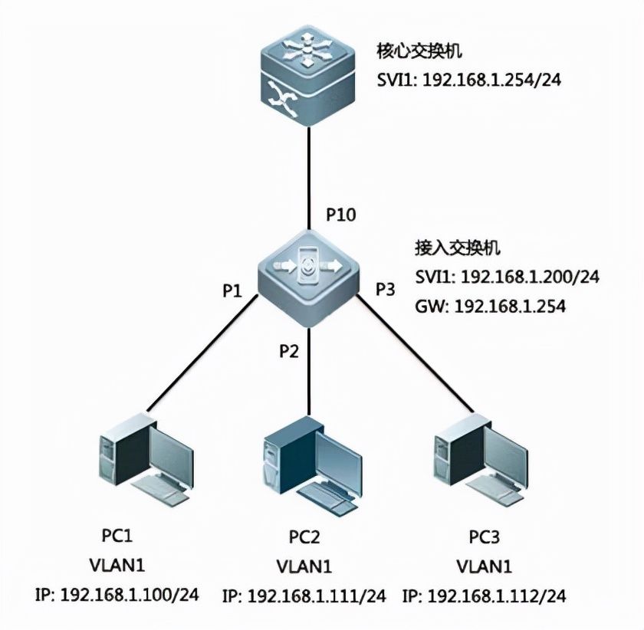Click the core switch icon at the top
coord(307,75)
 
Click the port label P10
coord(341,215)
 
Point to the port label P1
coord(232,290)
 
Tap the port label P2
coord(289,351)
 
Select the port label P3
coord(385,290)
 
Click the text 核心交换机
coord(419,51)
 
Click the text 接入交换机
coord(458,248)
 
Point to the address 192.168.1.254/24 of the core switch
coord(491,79)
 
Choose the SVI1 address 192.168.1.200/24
coord(531,277)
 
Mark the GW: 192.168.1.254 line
coord(491,306)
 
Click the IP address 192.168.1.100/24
coord(130,594)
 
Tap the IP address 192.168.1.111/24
coord(317,596)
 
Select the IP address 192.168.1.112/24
coord(497,596)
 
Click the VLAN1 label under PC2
coord(304,566)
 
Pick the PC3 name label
coord(485,537)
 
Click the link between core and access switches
coord(308,178)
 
